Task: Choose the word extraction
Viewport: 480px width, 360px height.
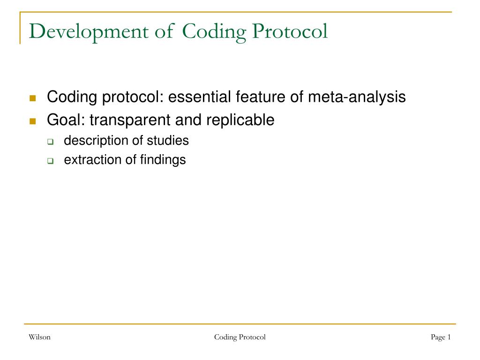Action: [92, 160]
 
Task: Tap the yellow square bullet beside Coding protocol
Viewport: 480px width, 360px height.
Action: [32, 98]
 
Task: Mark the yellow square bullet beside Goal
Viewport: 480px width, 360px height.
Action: [32, 121]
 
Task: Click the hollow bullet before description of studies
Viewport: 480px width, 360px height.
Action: [50, 142]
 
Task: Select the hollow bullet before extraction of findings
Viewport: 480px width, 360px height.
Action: [50, 161]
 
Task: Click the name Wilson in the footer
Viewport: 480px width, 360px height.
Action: [39, 337]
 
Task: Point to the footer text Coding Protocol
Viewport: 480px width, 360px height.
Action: [240, 337]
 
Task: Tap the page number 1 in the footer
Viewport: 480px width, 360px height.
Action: [449, 337]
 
